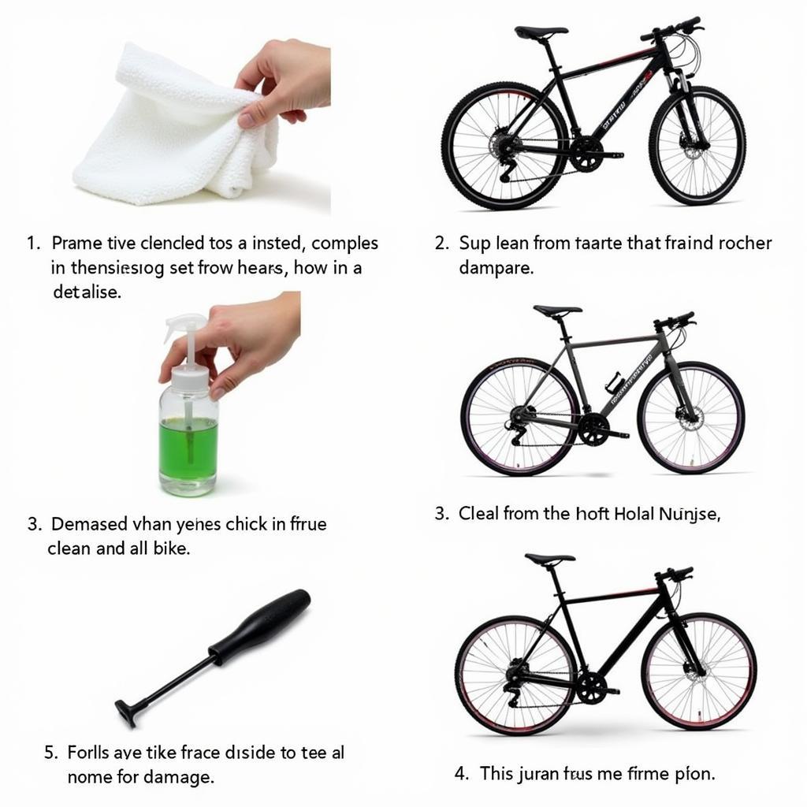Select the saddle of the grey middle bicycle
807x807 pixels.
[x=557, y=311]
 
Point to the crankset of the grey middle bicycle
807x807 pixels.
[x=593, y=430]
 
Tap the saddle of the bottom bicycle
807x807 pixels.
[x=549, y=559]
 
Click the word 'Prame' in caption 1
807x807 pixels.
[x=76, y=244]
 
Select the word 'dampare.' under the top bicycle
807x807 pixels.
[x=496, y=268]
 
